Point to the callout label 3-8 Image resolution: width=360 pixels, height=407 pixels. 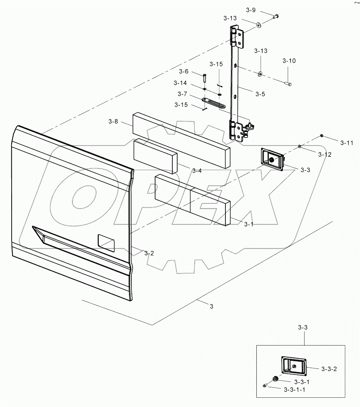pyautogui.click(x=113, y=121)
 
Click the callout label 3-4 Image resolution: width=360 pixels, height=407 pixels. pyautogui.click(x=196, y=171)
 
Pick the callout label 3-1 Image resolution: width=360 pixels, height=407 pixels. pyautogui.click(x=249, y=224)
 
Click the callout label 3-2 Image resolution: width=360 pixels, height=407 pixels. pyautogui.click(x=149, y=253)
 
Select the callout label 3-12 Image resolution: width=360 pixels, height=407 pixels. pyautogui.click(x=325, y=154)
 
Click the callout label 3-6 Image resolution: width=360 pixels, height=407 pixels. pyautogui.click(x=184, y=72)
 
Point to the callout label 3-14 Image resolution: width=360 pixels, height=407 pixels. pyautogui.click(x=180, y=83)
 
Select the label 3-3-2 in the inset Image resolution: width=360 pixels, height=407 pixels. pyautogui.click(x=329, y=368)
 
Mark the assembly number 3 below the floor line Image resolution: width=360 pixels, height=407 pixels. pyautogui.click(x=211, y=306)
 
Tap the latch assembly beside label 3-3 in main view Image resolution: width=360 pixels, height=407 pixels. pyautogui.click(x=272, y=159)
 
